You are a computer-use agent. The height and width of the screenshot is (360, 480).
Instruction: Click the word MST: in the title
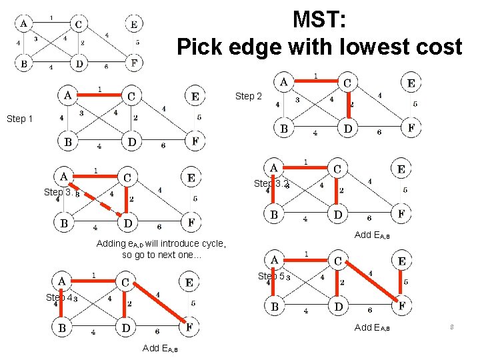click(319, 20)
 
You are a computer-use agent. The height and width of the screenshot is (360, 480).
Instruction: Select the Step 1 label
click(19, 119)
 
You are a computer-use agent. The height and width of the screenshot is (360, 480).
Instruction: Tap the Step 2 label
click(248, 97)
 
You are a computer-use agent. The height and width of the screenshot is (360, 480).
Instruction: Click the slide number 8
click(451, 327)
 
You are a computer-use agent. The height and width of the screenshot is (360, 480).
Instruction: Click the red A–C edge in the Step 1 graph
click(100, 95)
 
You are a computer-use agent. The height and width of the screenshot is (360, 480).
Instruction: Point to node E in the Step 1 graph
click(195, 97)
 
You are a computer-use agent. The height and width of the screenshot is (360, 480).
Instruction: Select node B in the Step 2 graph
click(284, 128)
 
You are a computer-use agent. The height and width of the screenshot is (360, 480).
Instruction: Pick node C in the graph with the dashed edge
click(127, 177)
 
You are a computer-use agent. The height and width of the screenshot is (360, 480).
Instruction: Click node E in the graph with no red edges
click(133, 25)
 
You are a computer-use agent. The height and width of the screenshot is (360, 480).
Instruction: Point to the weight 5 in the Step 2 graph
click(415, 104)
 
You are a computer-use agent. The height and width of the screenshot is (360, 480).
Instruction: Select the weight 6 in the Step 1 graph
click(163, 145)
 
